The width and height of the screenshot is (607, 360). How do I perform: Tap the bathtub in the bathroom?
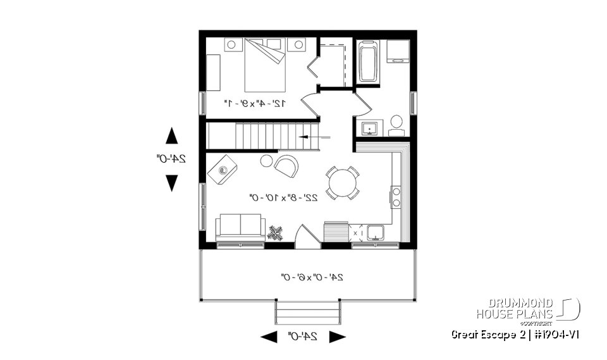tap(368, 62)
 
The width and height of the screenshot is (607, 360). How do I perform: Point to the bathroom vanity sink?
tap(369, 128)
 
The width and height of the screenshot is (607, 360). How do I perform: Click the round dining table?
tap(342, 182)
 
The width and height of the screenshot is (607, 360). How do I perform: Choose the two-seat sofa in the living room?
tap(240, 227)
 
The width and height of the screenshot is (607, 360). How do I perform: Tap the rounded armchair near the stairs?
tap(286, 165)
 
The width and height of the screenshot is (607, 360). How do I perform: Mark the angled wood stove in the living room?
tap(223, 171)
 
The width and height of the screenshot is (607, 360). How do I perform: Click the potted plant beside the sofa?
tap(275, 233)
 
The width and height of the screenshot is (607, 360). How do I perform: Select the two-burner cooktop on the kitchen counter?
tap(396, 197)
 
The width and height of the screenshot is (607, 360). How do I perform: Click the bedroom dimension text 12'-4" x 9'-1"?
tap(255, 102)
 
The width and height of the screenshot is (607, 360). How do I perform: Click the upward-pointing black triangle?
tap(171, 136)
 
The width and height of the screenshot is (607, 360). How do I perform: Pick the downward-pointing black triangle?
tap(171, 183)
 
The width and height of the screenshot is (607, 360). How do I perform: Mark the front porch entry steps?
tap(307, 312)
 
